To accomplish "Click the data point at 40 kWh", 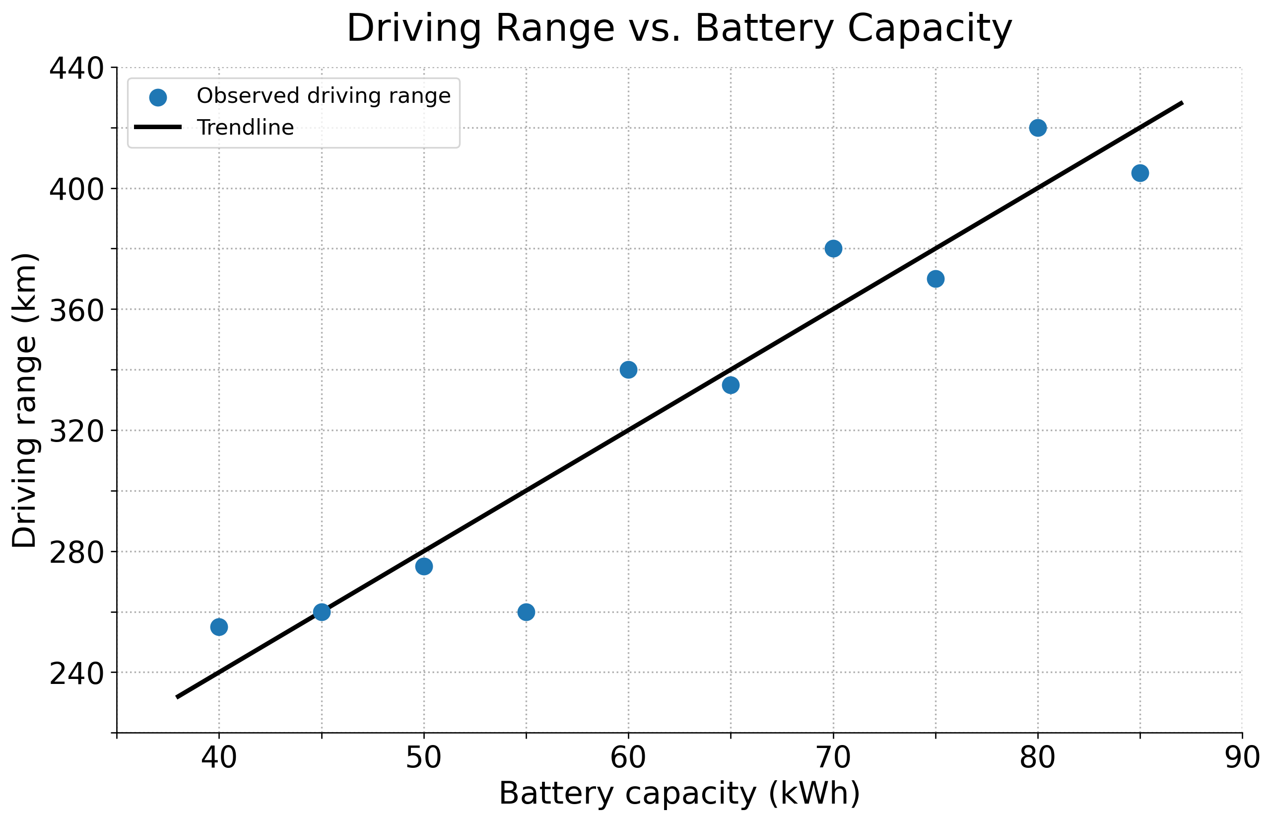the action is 219,627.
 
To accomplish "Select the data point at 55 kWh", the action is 526,612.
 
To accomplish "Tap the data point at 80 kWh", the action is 1037,128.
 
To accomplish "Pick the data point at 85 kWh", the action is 1139,173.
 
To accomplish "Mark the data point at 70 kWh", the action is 833,248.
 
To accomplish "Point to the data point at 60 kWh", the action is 628,370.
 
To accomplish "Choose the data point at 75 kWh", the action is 936,279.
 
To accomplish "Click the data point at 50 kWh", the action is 423,566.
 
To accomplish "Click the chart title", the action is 679,28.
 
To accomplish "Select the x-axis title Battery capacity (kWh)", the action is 679,793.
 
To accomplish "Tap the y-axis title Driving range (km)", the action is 24,400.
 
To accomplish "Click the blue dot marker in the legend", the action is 158,98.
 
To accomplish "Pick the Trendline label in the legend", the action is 245,128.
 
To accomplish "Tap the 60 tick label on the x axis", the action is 628,757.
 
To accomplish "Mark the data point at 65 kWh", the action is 731,385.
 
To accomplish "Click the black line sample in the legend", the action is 158,127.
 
